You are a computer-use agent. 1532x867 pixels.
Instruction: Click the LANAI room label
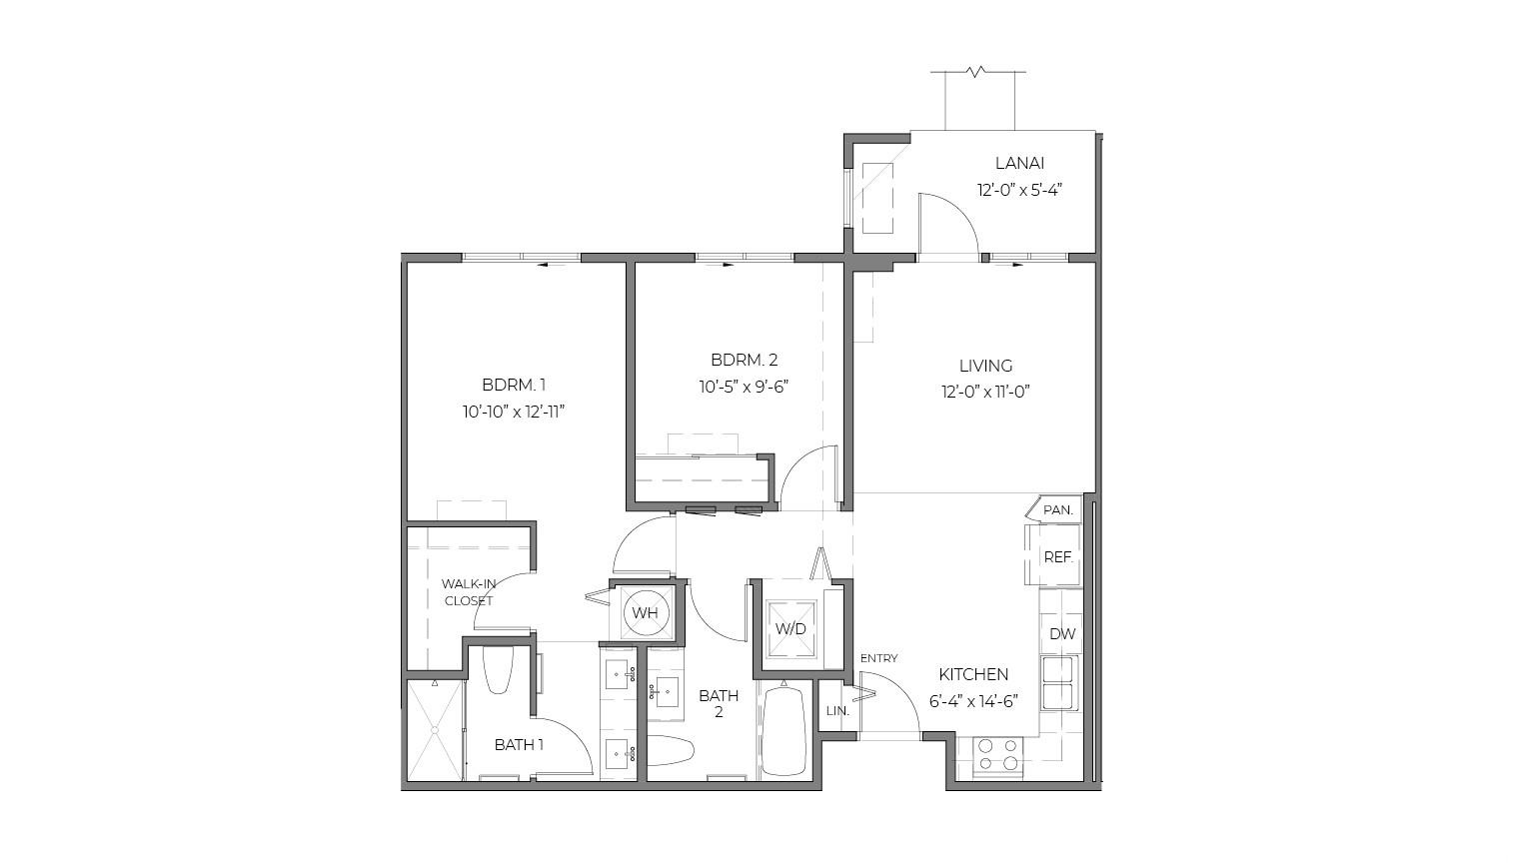[x=1019, y=164]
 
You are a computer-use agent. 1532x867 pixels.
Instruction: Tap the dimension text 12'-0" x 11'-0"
[x=985, y=392]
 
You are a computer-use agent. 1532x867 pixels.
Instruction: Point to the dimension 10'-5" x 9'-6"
[x=745, y=387]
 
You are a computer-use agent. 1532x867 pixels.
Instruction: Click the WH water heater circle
[x=645, y=612]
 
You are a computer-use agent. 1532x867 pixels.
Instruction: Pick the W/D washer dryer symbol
[x=791, y=628]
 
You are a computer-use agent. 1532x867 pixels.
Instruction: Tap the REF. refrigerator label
[x=1058, y=557]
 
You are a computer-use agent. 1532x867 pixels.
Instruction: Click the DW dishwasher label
[x=1063, y=634]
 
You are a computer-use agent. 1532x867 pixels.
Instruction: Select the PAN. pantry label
[x=1058, y=510]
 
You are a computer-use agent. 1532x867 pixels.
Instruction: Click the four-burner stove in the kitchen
[x=997, y=755]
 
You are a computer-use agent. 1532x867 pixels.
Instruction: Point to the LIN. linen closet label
[x=837, y=711]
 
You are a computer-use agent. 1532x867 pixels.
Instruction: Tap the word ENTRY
[x=878, y=658]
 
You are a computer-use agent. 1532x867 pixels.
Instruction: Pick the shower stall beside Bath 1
[x=436, y=729]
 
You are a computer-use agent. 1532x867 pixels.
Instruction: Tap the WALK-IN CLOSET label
[x=469, y=592]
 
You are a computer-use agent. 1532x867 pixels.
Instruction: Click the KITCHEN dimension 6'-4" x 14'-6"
[x=974, y=701]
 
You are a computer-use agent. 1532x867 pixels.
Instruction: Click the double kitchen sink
[x=1059, y=684]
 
